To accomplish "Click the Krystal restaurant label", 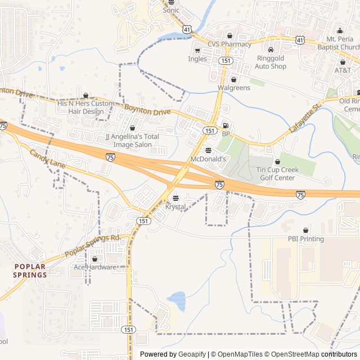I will tap(175, 207).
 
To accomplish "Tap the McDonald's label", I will tap(208, 159).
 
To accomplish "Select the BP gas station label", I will tap(226, 134).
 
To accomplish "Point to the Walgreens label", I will tap(233, 88).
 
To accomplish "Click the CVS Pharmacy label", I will tap(229, 44).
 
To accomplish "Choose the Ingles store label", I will tap(197, 58).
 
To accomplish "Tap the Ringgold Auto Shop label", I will tap(271, 62).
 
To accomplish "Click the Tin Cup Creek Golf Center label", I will tap(276, 174).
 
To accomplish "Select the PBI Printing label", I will tap(306, 239).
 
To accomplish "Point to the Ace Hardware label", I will tap(94, 267).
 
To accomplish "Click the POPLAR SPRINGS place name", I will tap(30, 271).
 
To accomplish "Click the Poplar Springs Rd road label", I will tap(93, 246).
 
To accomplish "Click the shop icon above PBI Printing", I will tap(306, 231).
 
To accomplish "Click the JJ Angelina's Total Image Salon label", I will tap(132, 141).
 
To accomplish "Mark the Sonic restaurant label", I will tap(171, 10).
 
